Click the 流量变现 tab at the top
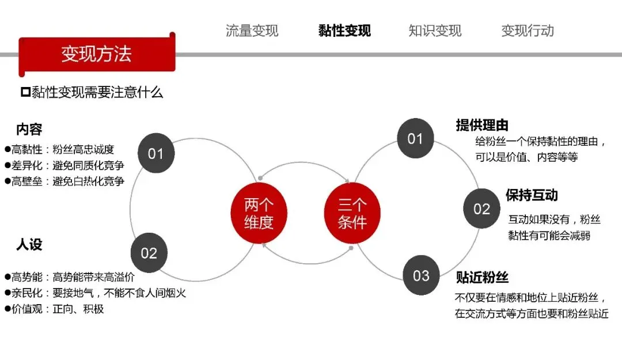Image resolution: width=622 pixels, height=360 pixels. (x=252, y=31)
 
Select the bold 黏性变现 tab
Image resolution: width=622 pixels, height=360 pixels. (x=344, y=31)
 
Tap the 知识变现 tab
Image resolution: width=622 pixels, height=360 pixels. (x=435, y=31)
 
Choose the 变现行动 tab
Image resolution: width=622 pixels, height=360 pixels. (x=528, y=31)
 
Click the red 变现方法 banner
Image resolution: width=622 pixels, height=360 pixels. (x=97, y=54)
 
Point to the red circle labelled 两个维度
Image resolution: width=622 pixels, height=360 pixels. (x=259, y=213)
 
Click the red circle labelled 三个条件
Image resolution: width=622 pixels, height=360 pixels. (x=352, y=213)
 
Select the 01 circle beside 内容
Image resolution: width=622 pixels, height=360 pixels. (x=156, y=154)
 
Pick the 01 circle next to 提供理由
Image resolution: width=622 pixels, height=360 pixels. (x=415, y=139)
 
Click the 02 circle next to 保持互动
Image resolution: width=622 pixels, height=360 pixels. (x=481, y=209)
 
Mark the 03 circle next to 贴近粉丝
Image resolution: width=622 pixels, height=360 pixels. (x=421, y=275)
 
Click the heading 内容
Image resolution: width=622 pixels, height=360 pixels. (x=29, y=129)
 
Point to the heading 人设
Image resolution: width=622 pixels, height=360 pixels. (x=29, y=244)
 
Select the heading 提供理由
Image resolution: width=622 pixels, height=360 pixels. (x=482, y=125)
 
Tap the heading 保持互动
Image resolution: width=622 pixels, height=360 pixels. (x=532, y=195)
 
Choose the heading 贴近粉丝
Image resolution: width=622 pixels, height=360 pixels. (x=482, y=278)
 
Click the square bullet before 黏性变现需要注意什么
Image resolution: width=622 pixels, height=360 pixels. (x=25, y=92)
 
